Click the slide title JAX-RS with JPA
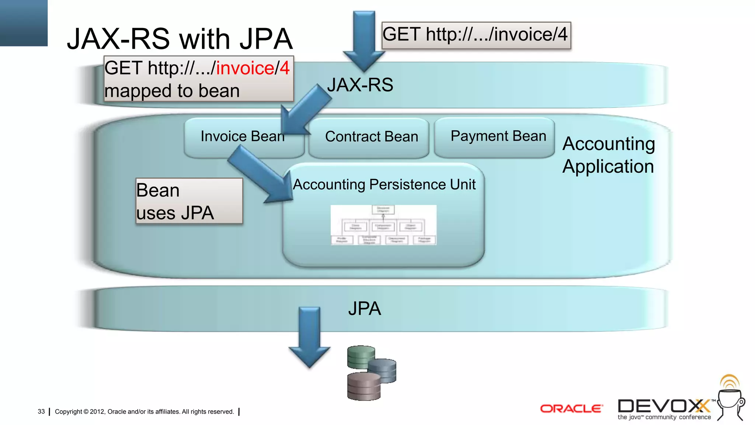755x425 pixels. [x=180, y=39]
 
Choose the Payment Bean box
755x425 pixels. [x=498, y=136]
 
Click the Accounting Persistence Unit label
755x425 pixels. [x=384, y=184]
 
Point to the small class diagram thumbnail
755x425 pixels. [x=383, y=225]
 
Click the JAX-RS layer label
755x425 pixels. [x=360, y=85]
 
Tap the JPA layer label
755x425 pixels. [x=364, y=308]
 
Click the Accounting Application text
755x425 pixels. [x=608, y=155]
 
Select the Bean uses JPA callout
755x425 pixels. [x=189, y=201]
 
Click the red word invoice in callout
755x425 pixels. [x=245, y=68]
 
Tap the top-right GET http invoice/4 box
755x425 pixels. [x=476, y=35]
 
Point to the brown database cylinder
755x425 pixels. [x=363, y=387]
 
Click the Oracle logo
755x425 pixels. [x=571, y=408]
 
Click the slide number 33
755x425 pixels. [x=41, y=411]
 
